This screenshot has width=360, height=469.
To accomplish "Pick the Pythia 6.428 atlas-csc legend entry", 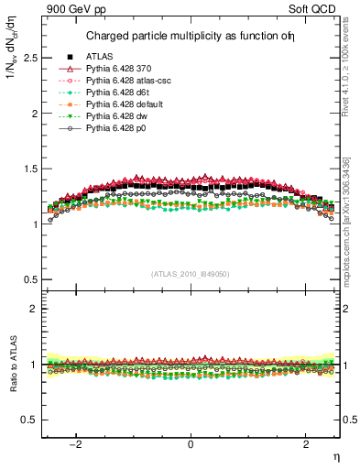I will pos(129,81).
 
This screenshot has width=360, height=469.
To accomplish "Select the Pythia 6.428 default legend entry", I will pos(127,104).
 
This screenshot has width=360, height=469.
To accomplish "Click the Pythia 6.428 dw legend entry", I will pos(121,116).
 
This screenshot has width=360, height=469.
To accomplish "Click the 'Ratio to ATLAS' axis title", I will pos(12,364).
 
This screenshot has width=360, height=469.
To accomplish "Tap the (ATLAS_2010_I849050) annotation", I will pos(190,274).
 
